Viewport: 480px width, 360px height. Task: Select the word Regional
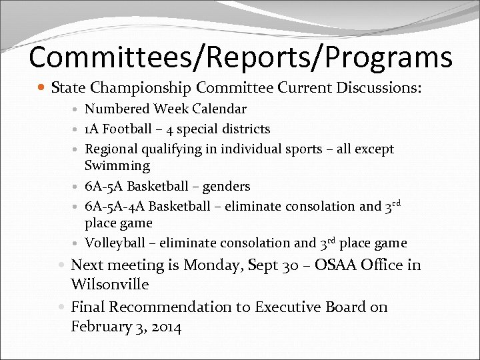[111, 149]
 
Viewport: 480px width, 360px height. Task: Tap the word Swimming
[117, 165]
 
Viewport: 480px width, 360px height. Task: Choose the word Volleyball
[114, 243]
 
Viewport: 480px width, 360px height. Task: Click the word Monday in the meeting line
[212, 265]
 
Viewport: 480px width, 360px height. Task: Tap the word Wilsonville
[109, 284]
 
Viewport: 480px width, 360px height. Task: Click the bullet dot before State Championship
[43, 88]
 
